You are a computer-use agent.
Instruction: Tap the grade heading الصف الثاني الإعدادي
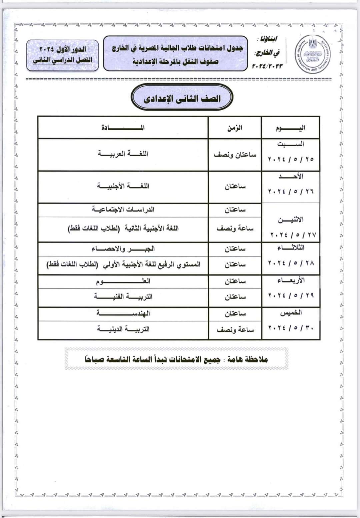182,98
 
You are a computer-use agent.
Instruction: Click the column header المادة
123,128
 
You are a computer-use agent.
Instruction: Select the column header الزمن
235,128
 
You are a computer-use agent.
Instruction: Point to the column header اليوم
290,128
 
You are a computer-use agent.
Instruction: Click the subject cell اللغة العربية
123,154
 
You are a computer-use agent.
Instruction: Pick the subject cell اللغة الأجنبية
123,186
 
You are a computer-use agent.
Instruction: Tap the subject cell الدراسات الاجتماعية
123,210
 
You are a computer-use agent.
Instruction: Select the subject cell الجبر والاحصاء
123,249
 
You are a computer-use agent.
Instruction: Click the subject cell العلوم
123,281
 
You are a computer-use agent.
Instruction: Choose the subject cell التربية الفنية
123,296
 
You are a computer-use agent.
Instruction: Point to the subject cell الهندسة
123,313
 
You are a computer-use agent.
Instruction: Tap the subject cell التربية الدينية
123,329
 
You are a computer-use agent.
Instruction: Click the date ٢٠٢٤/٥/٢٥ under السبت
291,159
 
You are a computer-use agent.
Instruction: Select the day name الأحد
291,177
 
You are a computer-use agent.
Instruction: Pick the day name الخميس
291,313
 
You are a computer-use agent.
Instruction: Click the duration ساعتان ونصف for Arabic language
235,155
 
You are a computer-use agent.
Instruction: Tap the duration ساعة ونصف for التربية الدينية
235,329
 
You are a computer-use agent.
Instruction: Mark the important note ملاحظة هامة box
176,359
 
